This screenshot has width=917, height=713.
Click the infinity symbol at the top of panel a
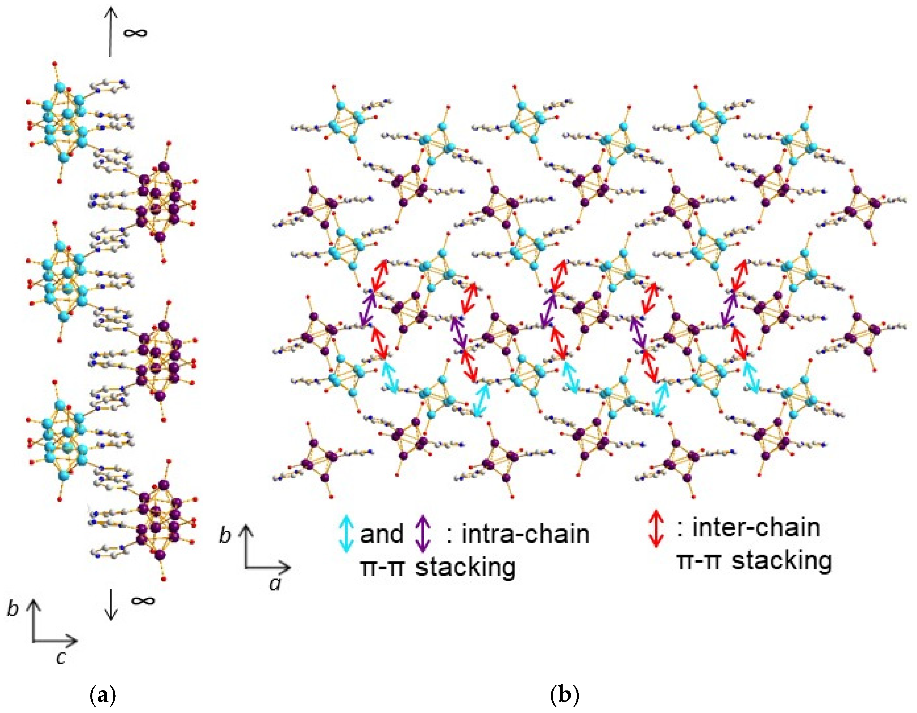(135, 33)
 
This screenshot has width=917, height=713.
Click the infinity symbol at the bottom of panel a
(143, 600)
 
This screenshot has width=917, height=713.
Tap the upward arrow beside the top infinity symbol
(110, 32)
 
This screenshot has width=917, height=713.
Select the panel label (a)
(102, 695)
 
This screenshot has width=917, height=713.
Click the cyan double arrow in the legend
(346, 534)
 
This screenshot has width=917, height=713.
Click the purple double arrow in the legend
(423, 534)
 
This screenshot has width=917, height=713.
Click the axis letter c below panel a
(61, 658)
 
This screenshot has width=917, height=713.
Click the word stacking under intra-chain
(465, 568)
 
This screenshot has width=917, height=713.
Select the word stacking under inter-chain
(782, 561)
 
